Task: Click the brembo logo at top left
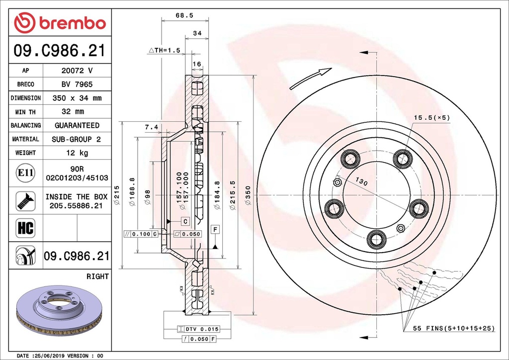click(x=60, y=22)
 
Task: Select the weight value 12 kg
click(x=77, y=153)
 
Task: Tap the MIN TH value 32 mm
click(x=77, y=111)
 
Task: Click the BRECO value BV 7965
click(x=77, y=85)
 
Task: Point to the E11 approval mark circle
click(x=25, y=173)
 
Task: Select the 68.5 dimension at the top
click(x=184, y=15)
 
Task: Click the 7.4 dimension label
click(x=151, y=127)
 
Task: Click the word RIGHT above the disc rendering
click(x=97, y=276)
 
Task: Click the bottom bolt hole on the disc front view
click(x=376, y=239)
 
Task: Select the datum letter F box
click(x=215, y=229)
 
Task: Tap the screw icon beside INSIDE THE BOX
click(x=25, y=200)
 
